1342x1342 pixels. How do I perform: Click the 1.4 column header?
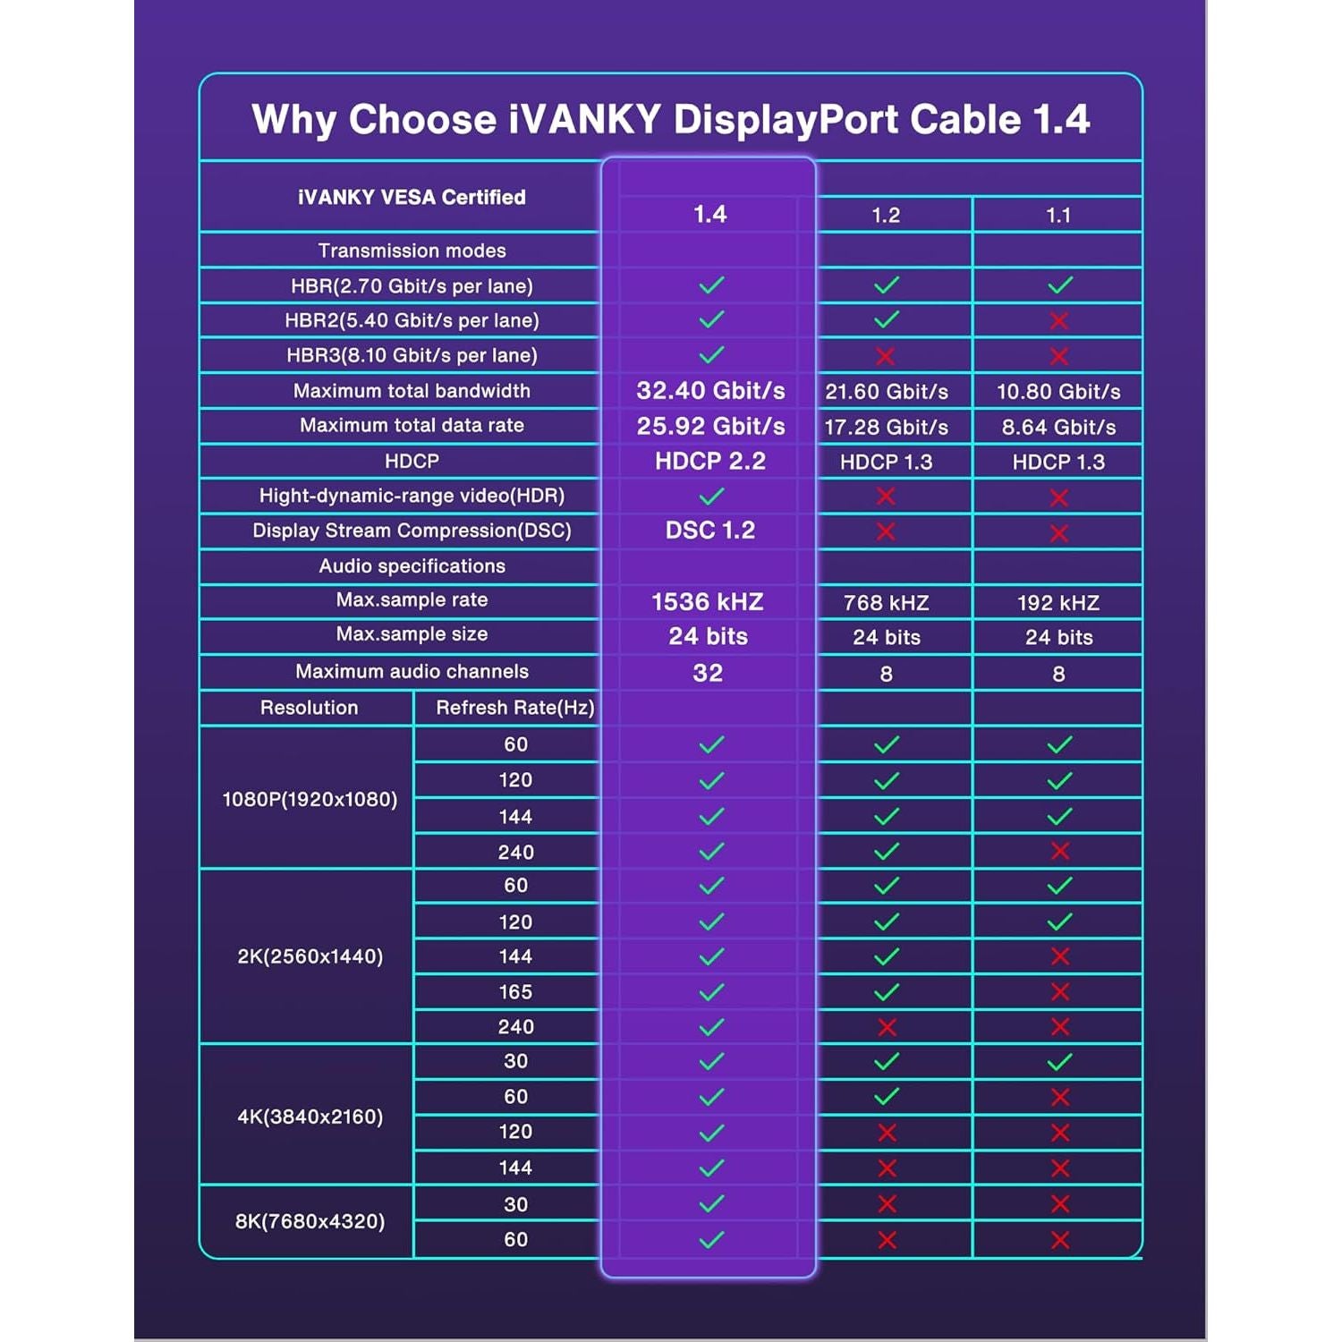pyautogui.click(x=709, y=215)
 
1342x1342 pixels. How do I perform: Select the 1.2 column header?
pyautogui.click(x=886, y=216)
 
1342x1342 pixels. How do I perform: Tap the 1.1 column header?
pyautogui.click(x=1058, y=216)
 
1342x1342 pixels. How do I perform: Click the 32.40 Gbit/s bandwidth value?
pyautogui.click(x=710, y=391)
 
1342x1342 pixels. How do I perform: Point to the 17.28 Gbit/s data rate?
pyautogui.click(x=886, y=428)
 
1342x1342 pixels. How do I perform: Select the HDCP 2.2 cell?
pyautogui.click(x=710, y=462)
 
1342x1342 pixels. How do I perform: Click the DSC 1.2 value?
pyautogui.click(x=710, y=531)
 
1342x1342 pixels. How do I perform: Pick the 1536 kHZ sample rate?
pyautogui.click(x=708, y=602)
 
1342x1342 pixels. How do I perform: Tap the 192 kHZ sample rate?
pyautogui.click(x=1058, y=603)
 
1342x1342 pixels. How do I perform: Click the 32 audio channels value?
pyautogui.click(x=708, y=673)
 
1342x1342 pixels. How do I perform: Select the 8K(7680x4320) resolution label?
pyautogui.click(x=310, y=1221)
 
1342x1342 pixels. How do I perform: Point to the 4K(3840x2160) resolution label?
pyautogui.click(x=310, y=1117)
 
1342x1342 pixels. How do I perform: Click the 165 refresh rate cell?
pyautogui.click(x=515, y=992)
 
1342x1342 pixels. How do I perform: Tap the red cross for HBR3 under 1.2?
pyautogui.click(x=886, y=356)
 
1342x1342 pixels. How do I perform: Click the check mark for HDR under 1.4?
pyautogui.click(x=711, y=497)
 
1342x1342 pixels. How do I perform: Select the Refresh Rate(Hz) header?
pyautogui.click(x=514, y=708)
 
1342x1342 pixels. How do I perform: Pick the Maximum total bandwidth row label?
pyautogui.click(x=412, y=391)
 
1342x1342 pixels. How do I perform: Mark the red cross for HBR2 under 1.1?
pyautogui.click(x=1059, y=321)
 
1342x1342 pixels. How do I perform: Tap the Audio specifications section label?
pyautogui.click(x=412, y=566)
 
